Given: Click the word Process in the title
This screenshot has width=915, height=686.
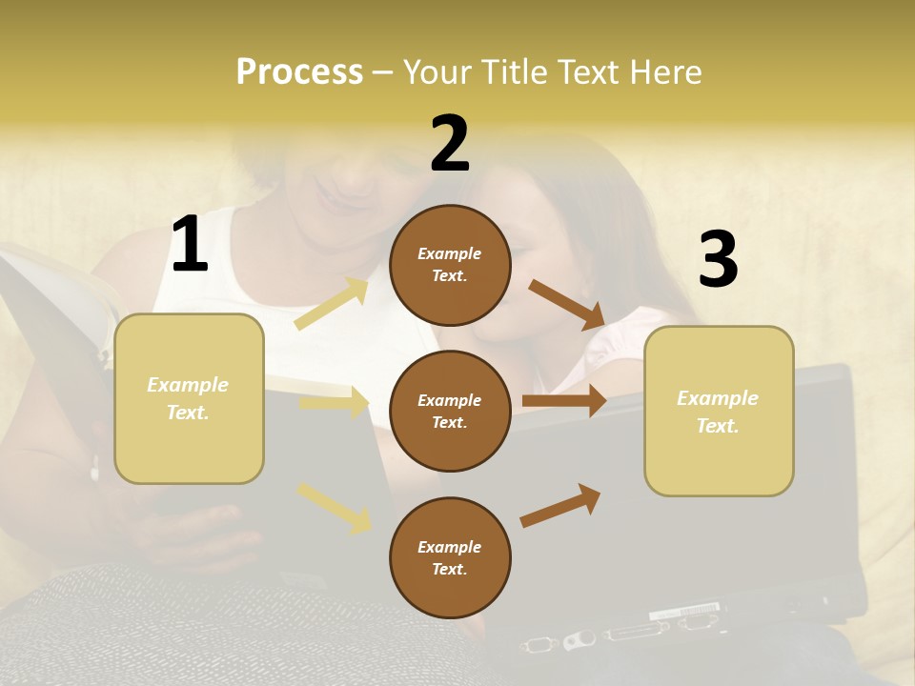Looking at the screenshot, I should [299, 72].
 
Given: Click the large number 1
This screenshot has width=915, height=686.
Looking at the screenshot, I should [190, 245].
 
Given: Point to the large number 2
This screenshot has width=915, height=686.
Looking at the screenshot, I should [450, 144].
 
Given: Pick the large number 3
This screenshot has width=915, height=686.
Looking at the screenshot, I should [718, 259].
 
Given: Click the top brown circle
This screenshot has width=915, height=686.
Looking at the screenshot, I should [450, 265].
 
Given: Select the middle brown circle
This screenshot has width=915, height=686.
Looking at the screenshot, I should [450, 411].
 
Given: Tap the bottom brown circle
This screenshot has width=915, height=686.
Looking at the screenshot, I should [450, 557].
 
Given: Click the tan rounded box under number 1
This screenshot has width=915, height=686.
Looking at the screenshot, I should [189, 398].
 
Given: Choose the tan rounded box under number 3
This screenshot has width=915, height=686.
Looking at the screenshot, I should [719, 412].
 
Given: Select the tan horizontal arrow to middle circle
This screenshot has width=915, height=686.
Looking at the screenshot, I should [335, 404].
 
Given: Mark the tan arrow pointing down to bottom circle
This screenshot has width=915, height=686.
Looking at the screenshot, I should [335, 507].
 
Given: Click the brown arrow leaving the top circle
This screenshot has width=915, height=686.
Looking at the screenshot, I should [567, 305].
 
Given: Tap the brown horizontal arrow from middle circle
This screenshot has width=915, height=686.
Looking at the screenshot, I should [564, 400].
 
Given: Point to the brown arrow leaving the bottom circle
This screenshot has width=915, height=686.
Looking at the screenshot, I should [560, 505].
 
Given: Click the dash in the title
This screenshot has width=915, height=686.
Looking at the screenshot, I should [382, 73].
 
